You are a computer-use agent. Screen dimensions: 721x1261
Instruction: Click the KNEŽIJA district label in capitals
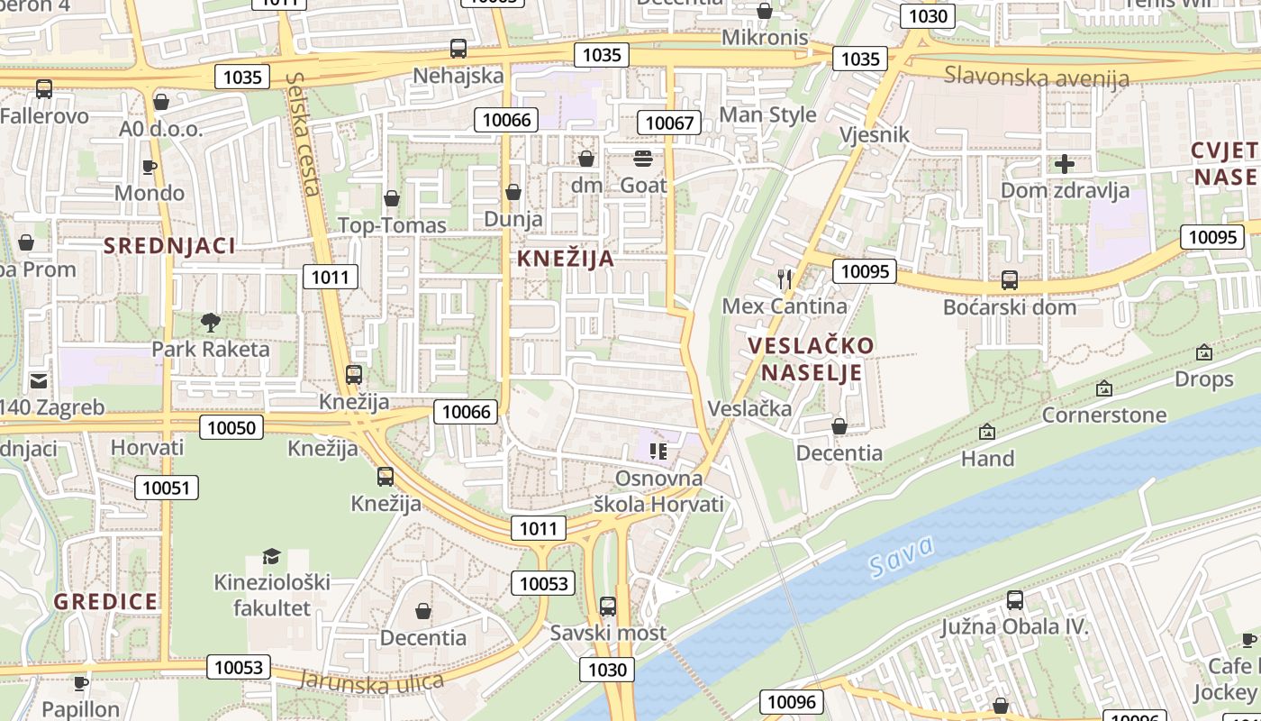click(x=566, y=259)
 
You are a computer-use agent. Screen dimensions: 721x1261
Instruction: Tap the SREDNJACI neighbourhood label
click(x=169, y=245)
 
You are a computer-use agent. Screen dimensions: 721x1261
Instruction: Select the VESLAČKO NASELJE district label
click(x=811, y=359)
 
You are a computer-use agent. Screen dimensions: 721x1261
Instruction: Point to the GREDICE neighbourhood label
click(x=105, y=601)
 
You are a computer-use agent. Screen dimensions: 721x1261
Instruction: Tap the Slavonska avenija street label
click(x=1036, y=77)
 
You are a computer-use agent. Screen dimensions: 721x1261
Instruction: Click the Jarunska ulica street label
click(x=371, y=680)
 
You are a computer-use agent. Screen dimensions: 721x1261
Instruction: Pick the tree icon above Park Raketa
click(x=211, y=322)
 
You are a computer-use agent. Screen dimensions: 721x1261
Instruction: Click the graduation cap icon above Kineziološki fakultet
click(x=271, y=556)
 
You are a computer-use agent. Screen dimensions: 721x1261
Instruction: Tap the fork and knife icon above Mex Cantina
click(x=785, y=279)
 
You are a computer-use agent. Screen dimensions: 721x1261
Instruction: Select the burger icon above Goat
click(x=643, y=160)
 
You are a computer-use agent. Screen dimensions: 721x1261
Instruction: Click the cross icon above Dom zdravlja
click(x=1065, y=164)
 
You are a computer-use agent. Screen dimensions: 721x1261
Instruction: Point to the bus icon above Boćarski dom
click(x=1009, y=280)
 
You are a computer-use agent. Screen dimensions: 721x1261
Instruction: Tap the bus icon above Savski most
click(x=608, y=607)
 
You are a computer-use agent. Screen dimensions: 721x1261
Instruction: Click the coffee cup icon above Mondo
click(x=150, y=167)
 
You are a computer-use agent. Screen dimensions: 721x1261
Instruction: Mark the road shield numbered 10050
click(x=231, y=427)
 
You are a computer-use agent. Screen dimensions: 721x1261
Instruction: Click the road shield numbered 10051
click(x=167, y=488)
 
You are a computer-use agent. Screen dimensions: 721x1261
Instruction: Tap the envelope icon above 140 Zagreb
click(x=38, y=381)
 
